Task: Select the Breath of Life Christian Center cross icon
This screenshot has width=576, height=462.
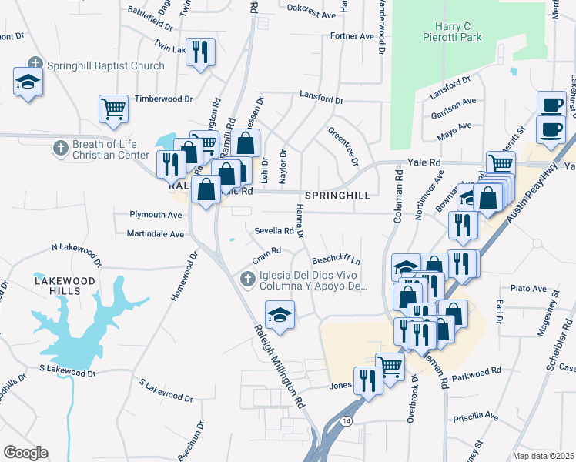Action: tap(60, 146)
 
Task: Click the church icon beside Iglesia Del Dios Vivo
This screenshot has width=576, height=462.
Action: tap(247, 279)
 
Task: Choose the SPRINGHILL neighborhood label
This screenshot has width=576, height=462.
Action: tap(337, 196)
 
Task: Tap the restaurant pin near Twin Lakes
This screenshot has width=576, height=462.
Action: tap(201, 52)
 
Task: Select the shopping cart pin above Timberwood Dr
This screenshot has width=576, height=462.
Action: tap(113, 108)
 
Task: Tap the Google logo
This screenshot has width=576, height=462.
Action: tap(26, 452)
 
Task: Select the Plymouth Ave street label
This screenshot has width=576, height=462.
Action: tap(156, 214)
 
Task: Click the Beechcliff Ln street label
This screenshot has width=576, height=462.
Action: tap(336, 260)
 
